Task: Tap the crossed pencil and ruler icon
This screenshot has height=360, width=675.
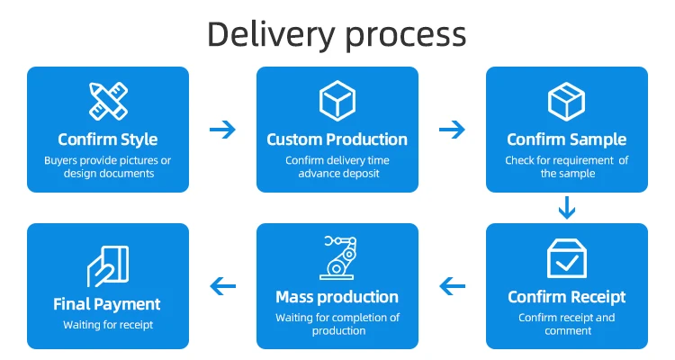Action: (x=107, y=101)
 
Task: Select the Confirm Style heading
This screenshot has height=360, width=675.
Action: (x=107, y=139)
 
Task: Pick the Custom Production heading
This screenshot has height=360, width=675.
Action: (x=337, y=139)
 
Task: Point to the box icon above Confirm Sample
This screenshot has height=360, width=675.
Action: (x=567, y=101)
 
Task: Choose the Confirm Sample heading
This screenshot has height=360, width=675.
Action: (x=567, y=139)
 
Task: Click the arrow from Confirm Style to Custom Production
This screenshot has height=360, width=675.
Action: (x=222, y=130)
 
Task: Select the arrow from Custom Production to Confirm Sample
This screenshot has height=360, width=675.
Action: (x=452, y=130)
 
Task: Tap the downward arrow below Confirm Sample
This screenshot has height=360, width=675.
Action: (x=566, y=208)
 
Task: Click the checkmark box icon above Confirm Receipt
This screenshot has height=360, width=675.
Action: (x=567, y=257)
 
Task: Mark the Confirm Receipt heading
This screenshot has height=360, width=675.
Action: (x=567, y=297)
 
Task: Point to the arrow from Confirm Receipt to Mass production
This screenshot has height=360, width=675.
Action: (x=453, y=286)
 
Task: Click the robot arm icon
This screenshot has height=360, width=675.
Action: (x=337, y=257)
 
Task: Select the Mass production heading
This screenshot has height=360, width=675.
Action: (x=337, y=297)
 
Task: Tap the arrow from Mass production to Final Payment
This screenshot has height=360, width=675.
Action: (x=222, y=286)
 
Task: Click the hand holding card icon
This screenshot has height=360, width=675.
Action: (x=107, y=265)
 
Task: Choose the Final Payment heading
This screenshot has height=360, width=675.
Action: (x=107, y=304)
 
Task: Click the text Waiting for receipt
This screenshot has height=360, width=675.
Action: (x=107, y=325)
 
